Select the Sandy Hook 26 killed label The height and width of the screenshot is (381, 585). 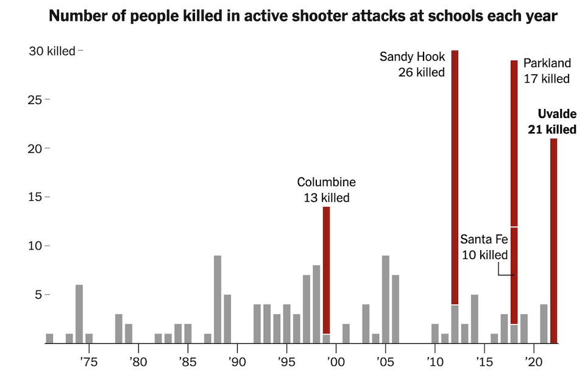click(x=413, y=65)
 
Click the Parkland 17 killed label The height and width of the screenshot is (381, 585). click(x=547, y=71)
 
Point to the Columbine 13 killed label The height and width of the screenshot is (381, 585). click(x=326, y=190)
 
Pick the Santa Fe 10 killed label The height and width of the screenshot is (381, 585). click(x=484, y=246)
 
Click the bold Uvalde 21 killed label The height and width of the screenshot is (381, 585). click(x=558, y=121)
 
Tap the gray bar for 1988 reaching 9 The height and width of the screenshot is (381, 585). click(x=218, y=299)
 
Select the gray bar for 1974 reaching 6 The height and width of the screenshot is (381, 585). click(x=79, y=313)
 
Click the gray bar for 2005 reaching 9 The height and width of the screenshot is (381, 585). click(x=385, y=299)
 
